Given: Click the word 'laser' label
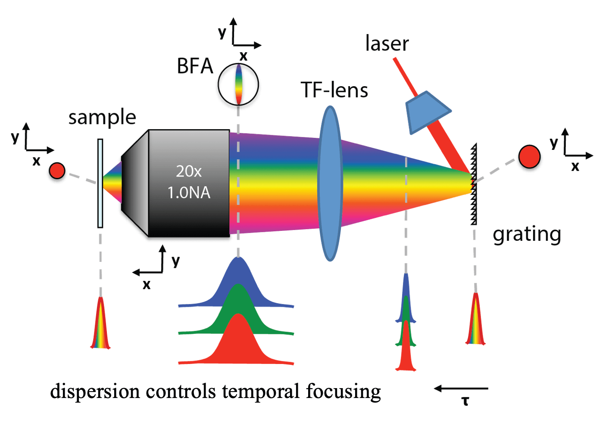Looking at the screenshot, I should [387, 44].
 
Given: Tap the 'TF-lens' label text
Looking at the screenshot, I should [334, 90].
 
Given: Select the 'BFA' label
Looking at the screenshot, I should [195, 66].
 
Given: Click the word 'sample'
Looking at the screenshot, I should [102, 117].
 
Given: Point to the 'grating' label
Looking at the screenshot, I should [527, 235].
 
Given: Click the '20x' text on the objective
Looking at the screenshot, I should [189, 171].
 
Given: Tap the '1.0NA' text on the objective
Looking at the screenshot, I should [189, 193].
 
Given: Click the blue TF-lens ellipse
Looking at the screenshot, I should [330, 183].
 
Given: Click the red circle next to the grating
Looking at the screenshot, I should [529, 156].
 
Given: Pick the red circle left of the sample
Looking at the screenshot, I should [57, 171].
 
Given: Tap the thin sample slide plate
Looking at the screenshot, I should [100, 183].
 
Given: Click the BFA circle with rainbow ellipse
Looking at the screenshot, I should [238, 84].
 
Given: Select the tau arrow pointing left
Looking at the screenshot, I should [461, 389].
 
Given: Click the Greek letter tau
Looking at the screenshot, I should [465, 401].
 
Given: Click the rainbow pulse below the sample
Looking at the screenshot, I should [100, 325].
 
